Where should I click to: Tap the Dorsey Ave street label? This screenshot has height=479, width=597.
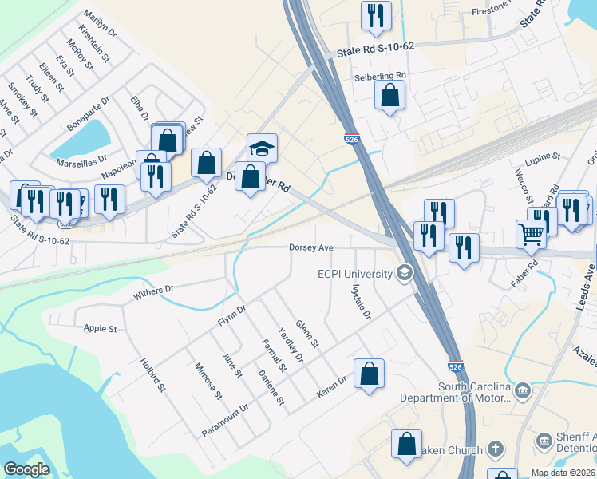pos(310,248)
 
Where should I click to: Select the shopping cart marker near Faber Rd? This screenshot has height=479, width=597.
pos(531,233)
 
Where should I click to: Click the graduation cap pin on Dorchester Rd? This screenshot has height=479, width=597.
pos(262,148)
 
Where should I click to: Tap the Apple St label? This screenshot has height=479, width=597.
pos(101,328)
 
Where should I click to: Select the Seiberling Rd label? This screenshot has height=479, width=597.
pos(380,76)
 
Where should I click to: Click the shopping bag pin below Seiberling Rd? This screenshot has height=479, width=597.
pos(389,97)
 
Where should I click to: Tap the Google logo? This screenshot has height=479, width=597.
pos(26,469)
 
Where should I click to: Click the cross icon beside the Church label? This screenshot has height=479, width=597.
pos(495,449)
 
